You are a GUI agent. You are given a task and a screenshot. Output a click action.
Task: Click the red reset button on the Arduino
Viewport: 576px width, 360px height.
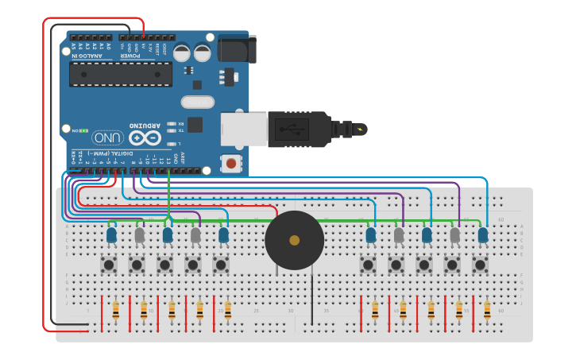pyautogui.click(x=231, y=164)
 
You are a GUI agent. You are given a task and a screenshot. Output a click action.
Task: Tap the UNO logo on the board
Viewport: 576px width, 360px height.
pyautogui.click(x=107, y=137)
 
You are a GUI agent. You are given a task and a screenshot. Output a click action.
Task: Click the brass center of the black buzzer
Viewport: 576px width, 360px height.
pyautogui.click(x=294, y=240)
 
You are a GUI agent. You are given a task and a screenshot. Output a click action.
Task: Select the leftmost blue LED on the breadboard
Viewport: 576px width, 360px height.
pyautogui.click(x=111, y=234)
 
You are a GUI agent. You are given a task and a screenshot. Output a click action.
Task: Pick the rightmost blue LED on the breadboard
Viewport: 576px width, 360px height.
pyautogui.click(x=483, y=234)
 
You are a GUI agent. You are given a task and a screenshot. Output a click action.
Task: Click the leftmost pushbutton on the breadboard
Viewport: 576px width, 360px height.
pyautogui.click(x=109, y=264)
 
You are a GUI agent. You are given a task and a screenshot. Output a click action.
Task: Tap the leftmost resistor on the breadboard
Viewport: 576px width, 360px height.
pyautogui.click(x=116, y=310)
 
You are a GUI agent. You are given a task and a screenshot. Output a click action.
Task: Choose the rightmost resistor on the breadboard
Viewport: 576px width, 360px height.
pyautogui.click(x=487, y=310)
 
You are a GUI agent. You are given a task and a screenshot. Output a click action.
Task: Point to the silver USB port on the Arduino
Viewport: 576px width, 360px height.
pyautogui.click(x=242, y=130)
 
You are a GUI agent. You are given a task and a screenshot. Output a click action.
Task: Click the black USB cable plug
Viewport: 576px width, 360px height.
pyautogui.click(x=298, y=130)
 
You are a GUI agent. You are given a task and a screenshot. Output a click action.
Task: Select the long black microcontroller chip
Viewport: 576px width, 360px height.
pyautogui.click(x=121, y=75)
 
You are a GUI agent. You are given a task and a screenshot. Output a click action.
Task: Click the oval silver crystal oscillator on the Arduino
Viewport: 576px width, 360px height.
pyautogui.click(x=197, y=102)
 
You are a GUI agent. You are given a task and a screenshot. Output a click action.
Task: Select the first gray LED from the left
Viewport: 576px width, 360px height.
pyautogui.click(x=140, y=234)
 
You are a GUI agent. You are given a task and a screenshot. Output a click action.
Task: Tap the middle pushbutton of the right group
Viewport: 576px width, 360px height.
pyautogui.click(x=424, y=264)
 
